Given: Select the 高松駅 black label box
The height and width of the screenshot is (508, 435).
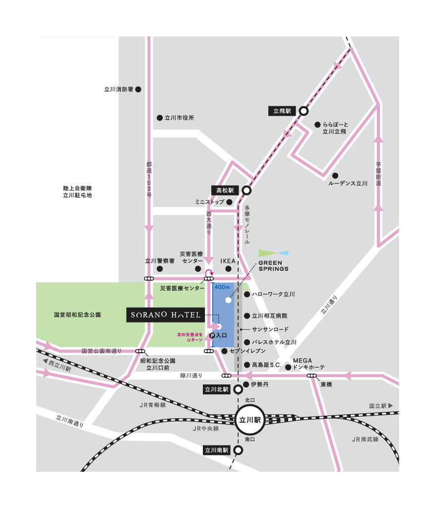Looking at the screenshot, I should tap(225, 190).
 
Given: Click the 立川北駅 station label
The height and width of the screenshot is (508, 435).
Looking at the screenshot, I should tap(217, 389).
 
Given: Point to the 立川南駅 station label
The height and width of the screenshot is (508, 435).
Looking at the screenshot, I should tap(217, 450).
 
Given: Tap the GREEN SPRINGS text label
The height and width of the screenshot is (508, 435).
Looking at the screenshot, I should tap(273, 265).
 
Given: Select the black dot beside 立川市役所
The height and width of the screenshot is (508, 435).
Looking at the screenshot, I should tap(160, 118).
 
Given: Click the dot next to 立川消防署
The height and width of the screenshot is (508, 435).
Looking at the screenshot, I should tap(138, 90).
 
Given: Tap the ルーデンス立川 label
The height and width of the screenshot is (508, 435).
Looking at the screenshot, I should tap(348, 183).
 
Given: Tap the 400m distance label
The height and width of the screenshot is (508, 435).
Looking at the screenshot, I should tap(222, 287).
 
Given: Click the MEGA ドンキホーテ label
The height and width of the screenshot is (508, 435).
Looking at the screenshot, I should tap(309, 364).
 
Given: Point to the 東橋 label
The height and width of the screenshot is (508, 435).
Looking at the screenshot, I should tap(326, 384).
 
